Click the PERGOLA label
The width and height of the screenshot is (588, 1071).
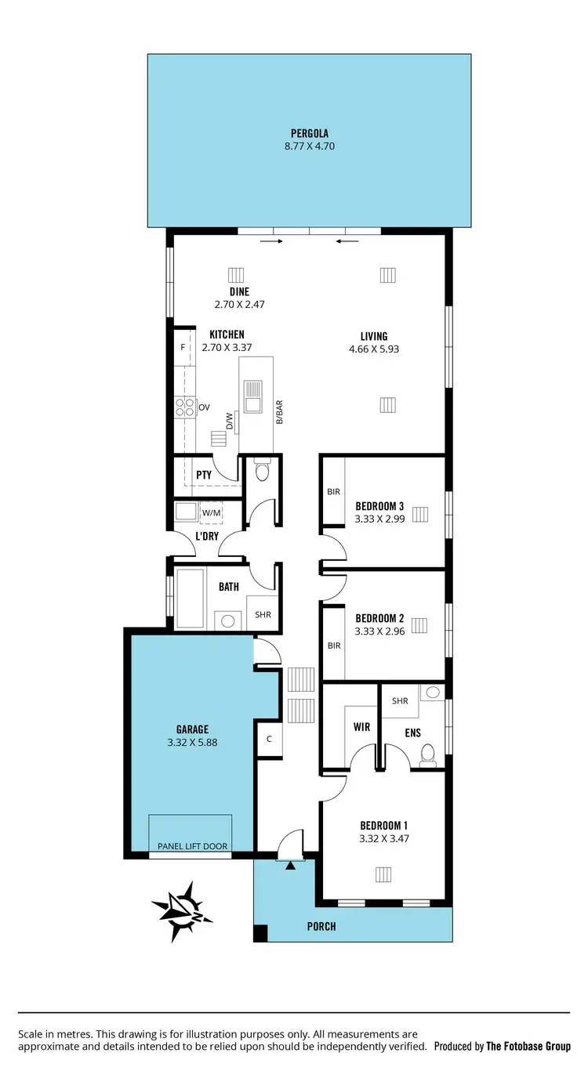tap(309, 133)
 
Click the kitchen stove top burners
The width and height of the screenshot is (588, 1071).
tap(184, 407)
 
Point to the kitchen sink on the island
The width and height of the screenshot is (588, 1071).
tap(253, 396)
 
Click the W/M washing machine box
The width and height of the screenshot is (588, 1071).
tap(211, 512)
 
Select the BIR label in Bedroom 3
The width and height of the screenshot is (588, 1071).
tap(334, 492)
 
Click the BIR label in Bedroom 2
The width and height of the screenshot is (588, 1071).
tap(334, 646)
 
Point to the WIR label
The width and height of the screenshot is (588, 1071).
tap(361, 727)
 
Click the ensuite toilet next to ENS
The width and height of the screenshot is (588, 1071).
tap(428, 753)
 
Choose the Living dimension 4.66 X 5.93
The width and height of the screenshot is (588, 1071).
tap(374, 349)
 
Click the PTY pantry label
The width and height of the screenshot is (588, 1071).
tap(204, 475)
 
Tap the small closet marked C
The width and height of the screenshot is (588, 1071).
tap(269, 738)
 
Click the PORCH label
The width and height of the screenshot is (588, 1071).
tap(321, 926)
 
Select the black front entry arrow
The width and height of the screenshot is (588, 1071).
tap(291, 866)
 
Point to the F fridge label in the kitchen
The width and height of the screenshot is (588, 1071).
tap(183, 347)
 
